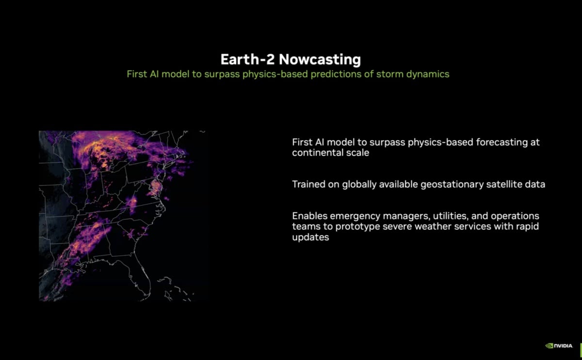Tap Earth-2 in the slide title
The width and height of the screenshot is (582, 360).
tap(247, 60)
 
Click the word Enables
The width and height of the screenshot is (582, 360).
tap(309, 216)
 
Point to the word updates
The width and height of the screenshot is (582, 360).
tap(310, 237)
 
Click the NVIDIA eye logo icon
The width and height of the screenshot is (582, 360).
tap(549, 345)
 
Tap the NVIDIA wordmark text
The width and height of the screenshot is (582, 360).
tap(564, 346)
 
